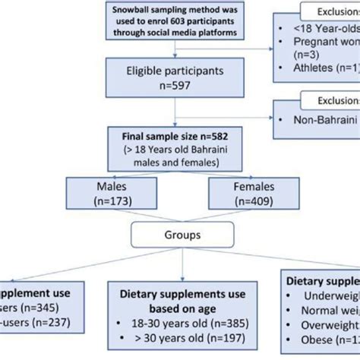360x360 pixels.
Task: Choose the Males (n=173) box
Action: point(111,194)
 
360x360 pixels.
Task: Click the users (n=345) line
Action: point(27,308)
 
